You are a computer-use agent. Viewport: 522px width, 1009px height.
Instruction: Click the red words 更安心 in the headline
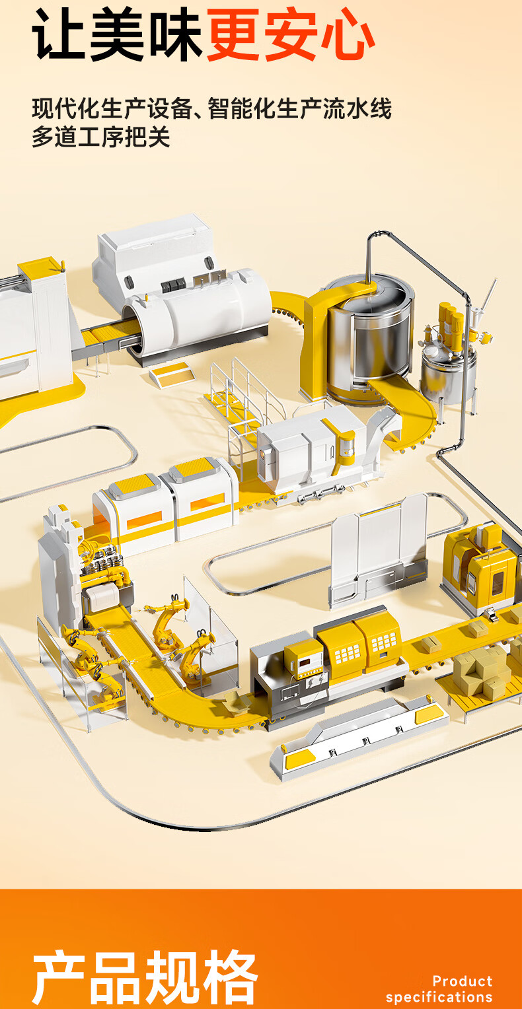point(291,35)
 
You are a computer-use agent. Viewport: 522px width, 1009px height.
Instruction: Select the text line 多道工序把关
point(101,137)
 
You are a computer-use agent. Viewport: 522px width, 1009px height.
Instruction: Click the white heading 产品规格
point(145,977)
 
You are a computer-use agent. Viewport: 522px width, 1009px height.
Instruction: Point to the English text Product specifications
point(439,989)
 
